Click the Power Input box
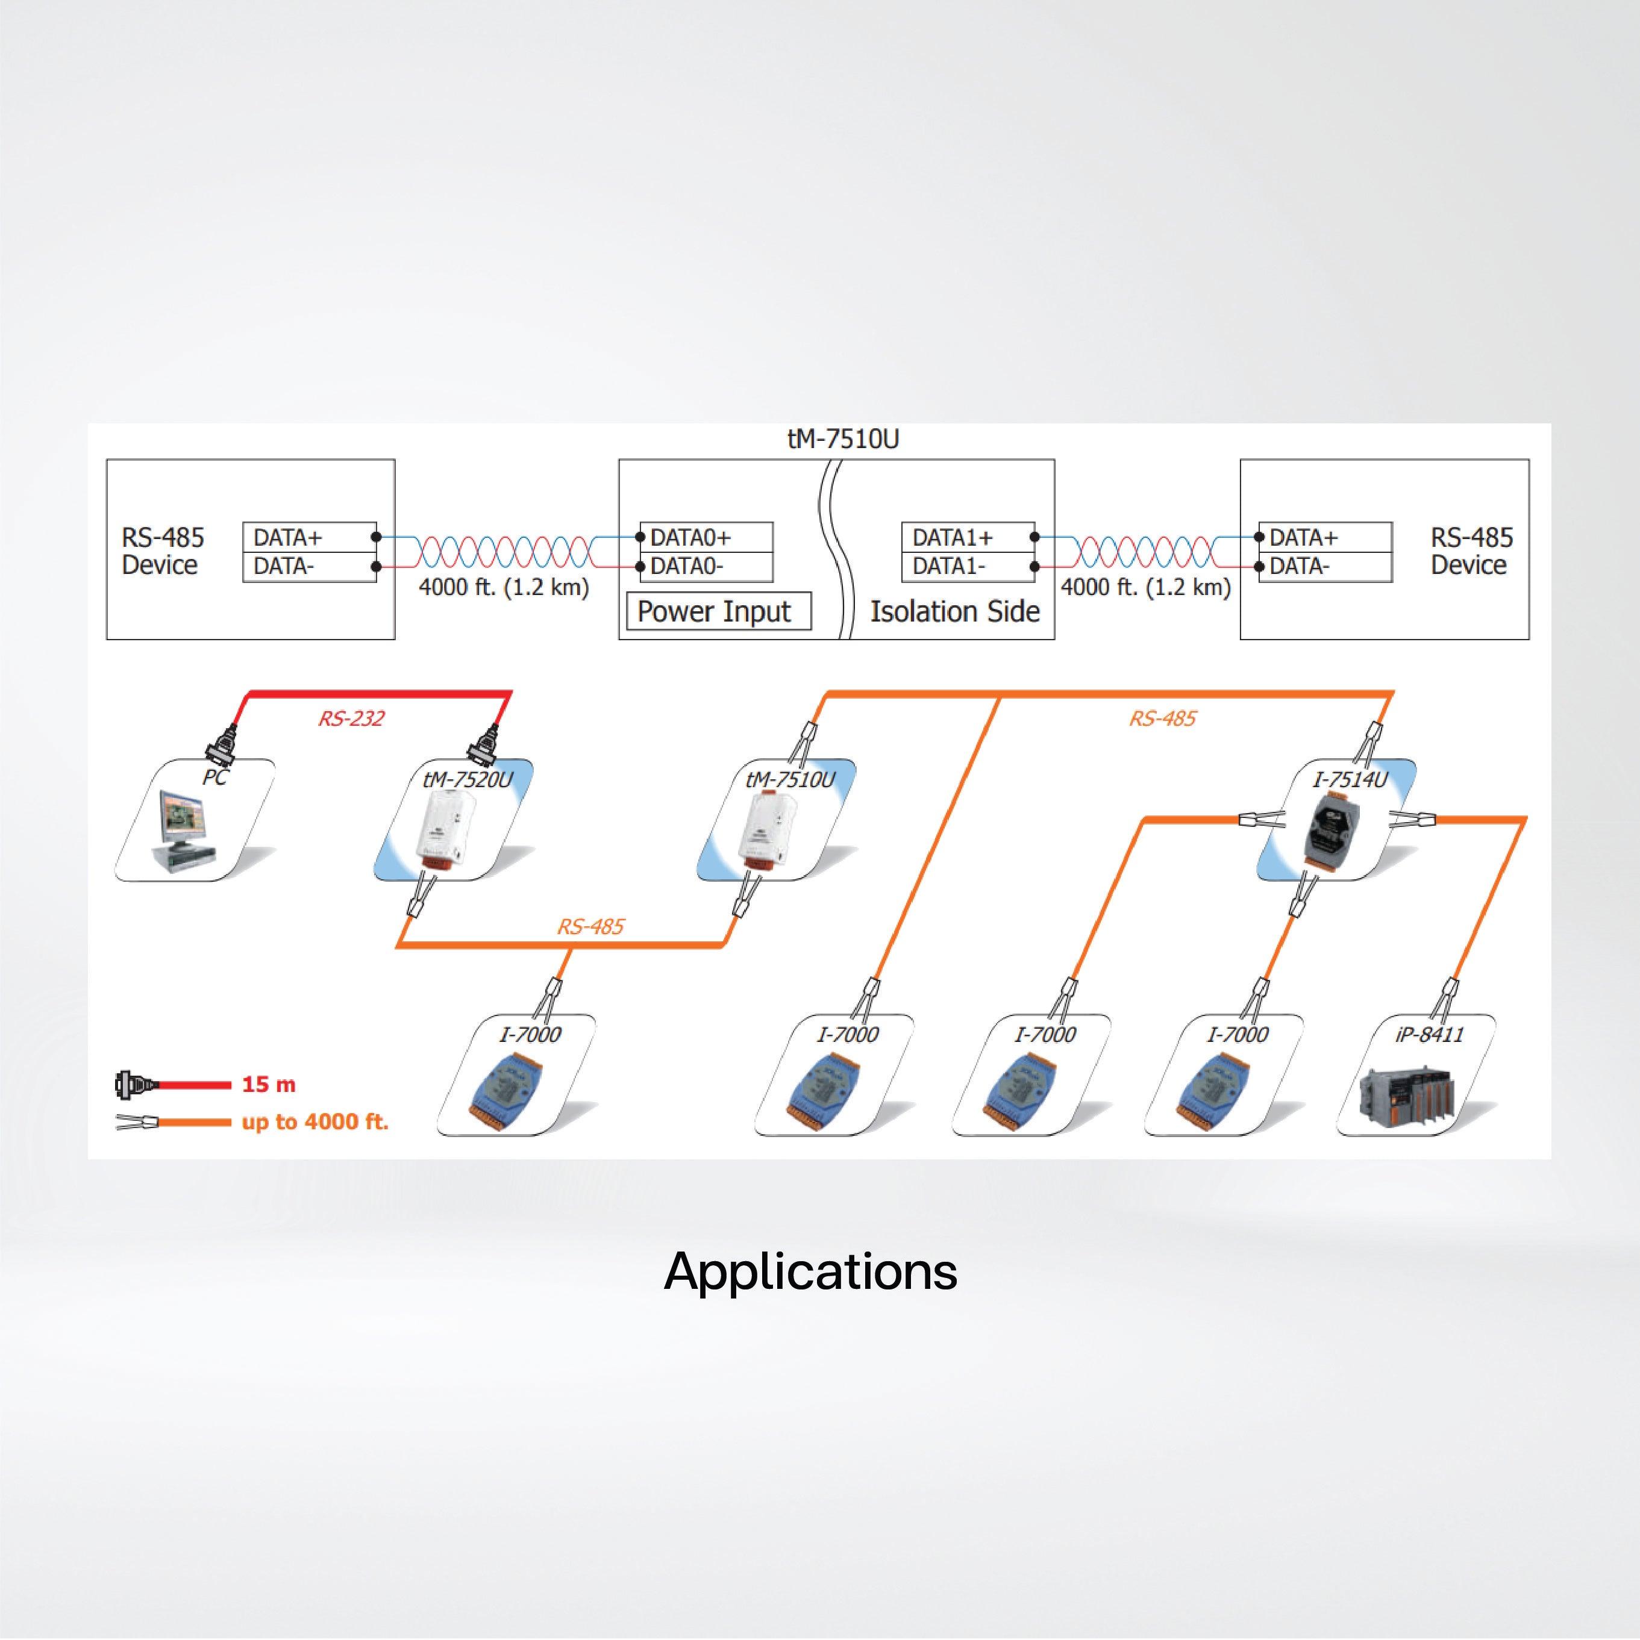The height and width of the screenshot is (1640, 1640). pyautogui.click(x=718, y=611)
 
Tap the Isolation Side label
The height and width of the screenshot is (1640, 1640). pyautogui.click(x=954, y=611)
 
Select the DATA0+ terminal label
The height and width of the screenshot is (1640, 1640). pyautogui.click(x=690, y=537)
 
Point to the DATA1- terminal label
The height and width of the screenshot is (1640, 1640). pyautogui.click(x=949, y=566)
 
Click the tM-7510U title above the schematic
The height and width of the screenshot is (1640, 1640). pyautogui.click(x=842, y=440)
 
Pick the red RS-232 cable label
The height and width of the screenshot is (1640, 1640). pyautogui.click(x=351, y=718)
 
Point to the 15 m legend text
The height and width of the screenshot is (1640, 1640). pyautogui.click(x=268, y=1084)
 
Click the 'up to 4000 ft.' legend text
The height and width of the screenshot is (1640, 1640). pyautogui.click(x=315, y=1121)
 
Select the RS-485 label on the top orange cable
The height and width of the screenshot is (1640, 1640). pyautogui.click(x=1162, y=718)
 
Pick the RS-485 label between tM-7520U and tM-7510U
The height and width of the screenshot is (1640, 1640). pyautogui.click(x=590, y=926)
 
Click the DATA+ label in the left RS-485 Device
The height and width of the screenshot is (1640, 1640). pyautogui.click(x=287, y=537)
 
